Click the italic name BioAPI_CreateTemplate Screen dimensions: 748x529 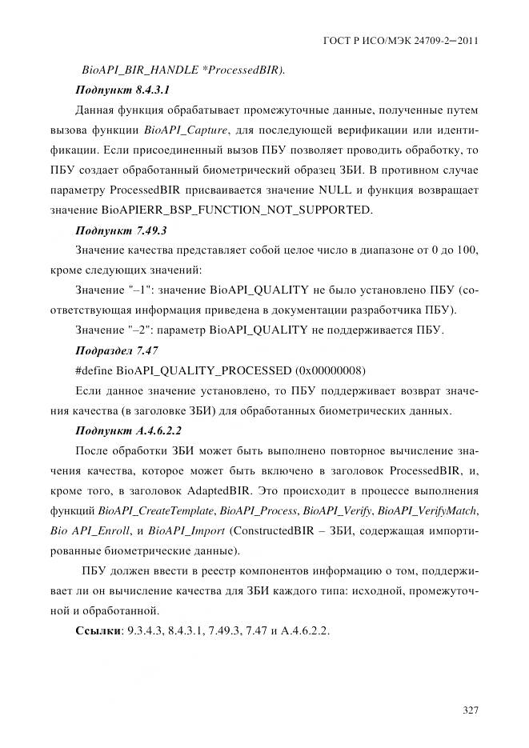[x=157, y=510]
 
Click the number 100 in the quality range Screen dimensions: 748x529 [x=469, y=250]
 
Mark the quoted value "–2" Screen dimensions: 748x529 [x=134, y=330]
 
